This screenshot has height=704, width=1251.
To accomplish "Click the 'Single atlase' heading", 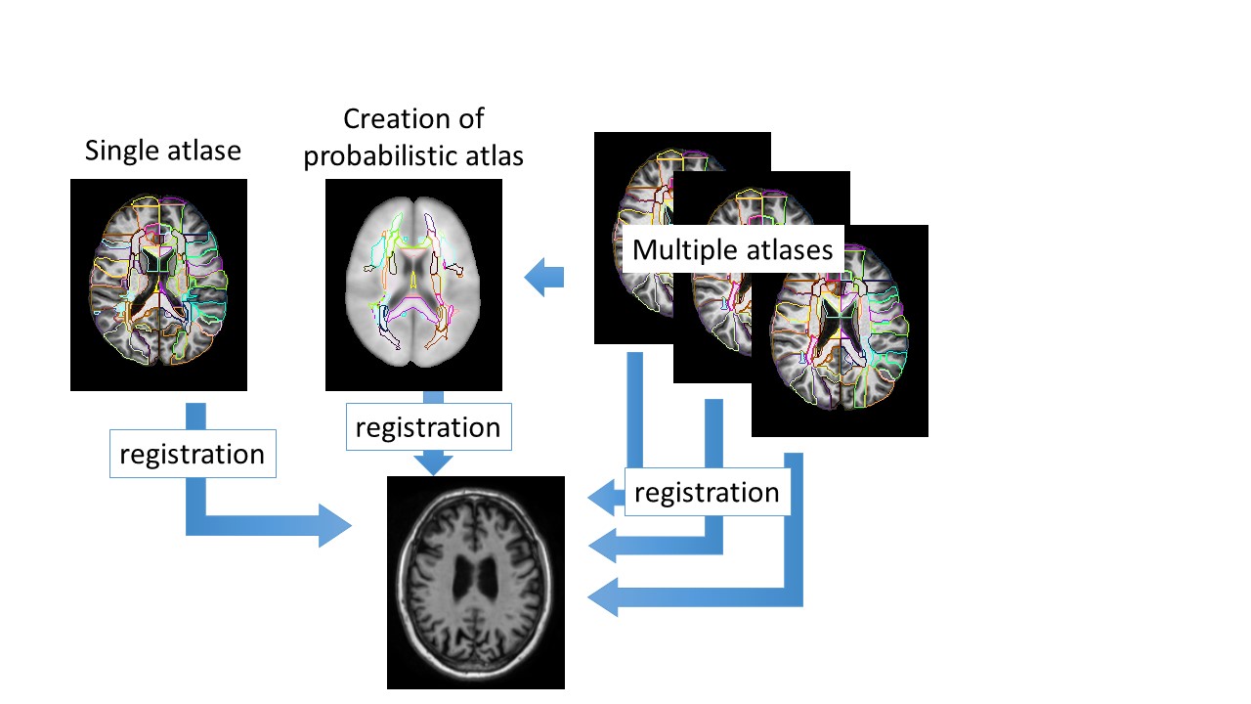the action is pos(162,151).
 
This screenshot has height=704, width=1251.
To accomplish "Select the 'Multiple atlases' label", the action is pos(732,249).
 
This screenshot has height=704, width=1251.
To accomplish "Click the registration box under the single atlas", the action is pos(193,454).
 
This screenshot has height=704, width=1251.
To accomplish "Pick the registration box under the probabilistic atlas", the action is pos(428,427).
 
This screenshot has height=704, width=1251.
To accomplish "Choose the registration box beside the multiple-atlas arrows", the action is pos(707,492).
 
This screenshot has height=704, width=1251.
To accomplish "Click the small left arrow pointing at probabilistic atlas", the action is pos(544,277).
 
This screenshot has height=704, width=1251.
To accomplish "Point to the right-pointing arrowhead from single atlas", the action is pos(335,525).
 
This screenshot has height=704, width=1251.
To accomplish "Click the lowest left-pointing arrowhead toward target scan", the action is pos(603,597).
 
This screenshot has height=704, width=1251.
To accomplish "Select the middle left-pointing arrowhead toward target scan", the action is pos(603,546).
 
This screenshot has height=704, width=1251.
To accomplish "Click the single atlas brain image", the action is pos(158,285).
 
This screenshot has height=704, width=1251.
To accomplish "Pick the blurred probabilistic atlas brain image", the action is pos(413,285).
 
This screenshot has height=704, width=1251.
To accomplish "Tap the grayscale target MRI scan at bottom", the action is pos(476,583).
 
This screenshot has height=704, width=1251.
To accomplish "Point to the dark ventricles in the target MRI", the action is pos(475,578).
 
